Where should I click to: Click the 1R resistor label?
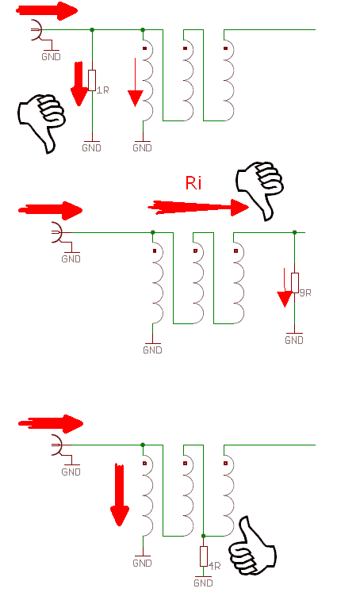[x=102, y=90]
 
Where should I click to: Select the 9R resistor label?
[x=305, y=292]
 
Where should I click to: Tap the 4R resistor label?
[x=214, y=566]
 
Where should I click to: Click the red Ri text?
[x=193, y=183]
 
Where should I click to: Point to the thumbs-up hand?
[x=252, y=546]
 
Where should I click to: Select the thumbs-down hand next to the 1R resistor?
[x=41, y=122]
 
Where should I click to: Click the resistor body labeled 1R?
[x=92, y=80]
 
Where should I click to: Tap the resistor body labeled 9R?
[x=294, y=283]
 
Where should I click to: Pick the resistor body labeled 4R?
[x=203, y=556]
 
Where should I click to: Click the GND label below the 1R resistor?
[x=91, y=147]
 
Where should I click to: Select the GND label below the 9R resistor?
[x=294, y=340]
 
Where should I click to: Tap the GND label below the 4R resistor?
[x=203, y=583]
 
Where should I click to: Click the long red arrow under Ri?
[x=198, y=207]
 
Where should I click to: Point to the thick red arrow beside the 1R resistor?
[x=79, y=83]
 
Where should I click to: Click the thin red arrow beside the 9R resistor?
[x=285, y=288]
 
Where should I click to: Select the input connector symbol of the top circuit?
[x=36, y=29]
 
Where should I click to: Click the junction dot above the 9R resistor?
[x=294, y=232]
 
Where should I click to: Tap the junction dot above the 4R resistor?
[x=203, y=536]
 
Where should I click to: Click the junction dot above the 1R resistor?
[x=92, y=29]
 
